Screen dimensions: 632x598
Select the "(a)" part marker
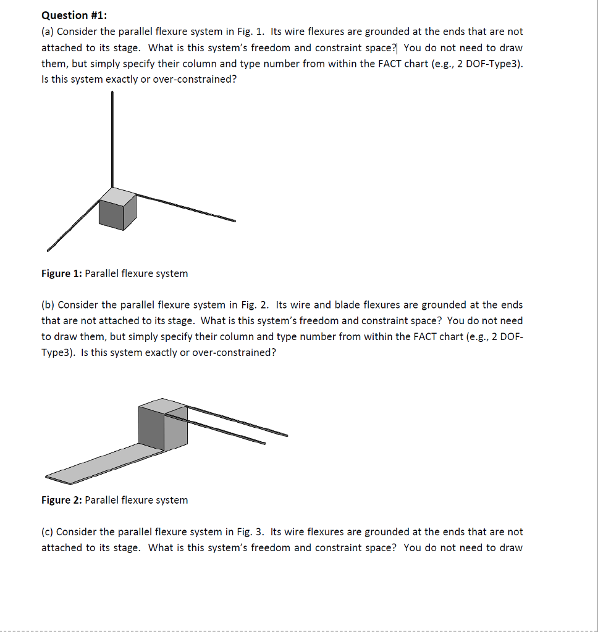pyautogui.click(x=48, y=31)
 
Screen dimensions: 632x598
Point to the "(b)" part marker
pyautogui.click(x=48, y=305)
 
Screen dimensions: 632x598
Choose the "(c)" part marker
pyautogui.click(x=48, y=532)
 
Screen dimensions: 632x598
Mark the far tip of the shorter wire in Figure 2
pyautogui.click(x=264, y=443)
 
